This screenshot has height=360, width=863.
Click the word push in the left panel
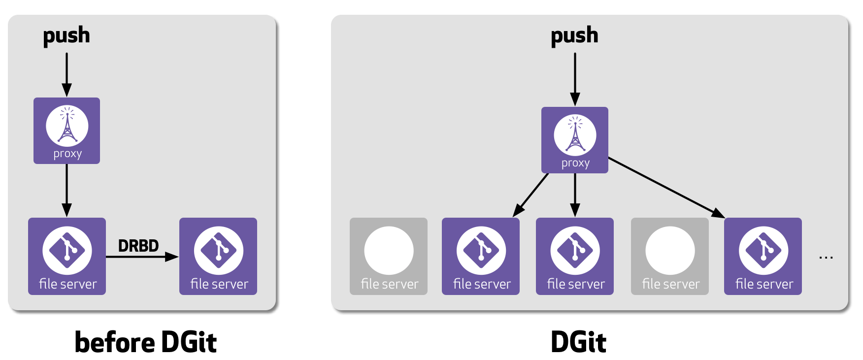(x=66, y=36)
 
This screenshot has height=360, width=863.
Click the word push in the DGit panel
(x=574, y=36)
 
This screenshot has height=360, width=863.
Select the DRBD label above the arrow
(x=138, y=246)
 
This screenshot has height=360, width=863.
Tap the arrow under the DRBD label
(x=142, y=257)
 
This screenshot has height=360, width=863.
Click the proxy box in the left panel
(x=66, y=131)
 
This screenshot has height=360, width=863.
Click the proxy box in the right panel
(x=574, y=140)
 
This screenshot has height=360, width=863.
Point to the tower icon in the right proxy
(x=575, y=134)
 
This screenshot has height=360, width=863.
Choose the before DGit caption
(x=145, y=342)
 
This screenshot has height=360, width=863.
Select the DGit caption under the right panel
(x=578, y=342)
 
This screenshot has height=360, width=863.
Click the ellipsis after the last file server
(x=826, y=257)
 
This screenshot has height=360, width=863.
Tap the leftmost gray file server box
(x=388, y=256)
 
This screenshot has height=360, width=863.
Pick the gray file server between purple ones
(x=669, y=256)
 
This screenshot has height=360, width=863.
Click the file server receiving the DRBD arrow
(x=218, y=256)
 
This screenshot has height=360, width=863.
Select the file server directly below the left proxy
(x=67, y=256)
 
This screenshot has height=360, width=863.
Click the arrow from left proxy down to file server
(x=67, y=190)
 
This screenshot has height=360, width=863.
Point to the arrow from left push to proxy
(x=67, y=74)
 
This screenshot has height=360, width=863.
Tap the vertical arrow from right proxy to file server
(x=575, y=195)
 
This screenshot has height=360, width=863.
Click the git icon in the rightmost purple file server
(x=763, y=250)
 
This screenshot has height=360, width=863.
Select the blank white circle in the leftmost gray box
(x=389, y=250)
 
